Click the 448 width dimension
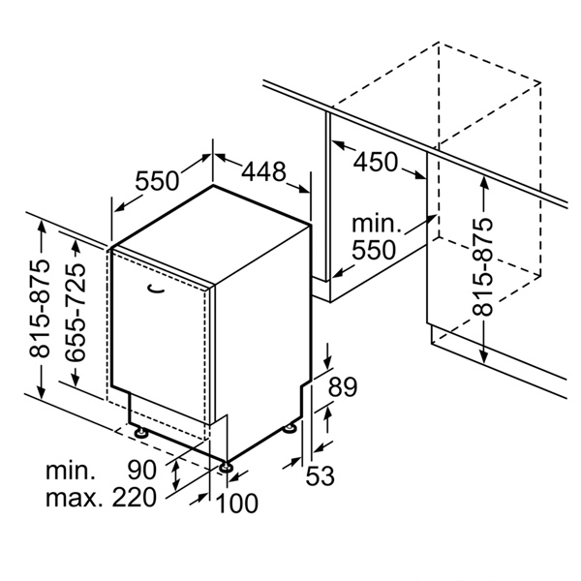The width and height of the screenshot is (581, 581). pyautogui.click(x=263, y=171)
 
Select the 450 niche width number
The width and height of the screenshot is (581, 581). pyautogui.click(x=376, y=162)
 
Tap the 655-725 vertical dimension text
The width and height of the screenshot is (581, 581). pyautogui.click(x=75, y=312)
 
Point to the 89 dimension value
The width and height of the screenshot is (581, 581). pyautogui.click(x=343, y=387)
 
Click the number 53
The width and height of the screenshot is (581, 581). pyautogui.click(x=320, y=475)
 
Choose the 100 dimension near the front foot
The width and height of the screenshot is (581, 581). pyautogui.click(x=236, y=503)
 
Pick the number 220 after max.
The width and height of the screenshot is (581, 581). pyautogui.click(x=135, y=497)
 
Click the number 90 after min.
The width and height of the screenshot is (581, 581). pyautogui.click(x=142, y=470)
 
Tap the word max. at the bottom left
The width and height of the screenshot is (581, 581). pyautogui.click(x=75, y=498)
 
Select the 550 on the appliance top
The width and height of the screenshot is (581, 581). pyautogui.click(x=157, y=181)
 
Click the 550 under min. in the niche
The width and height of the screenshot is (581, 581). pyautogui.click(x=374, y=250)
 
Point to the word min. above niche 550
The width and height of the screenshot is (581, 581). pyautogui.click(x=376, y=224)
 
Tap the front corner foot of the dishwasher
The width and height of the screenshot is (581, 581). pyautogui.click(x=225, y=467)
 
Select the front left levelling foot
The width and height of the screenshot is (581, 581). pyautogui.click(x=140, y=432)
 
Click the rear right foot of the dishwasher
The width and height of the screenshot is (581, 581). pyautogui.click(x=290, y=428)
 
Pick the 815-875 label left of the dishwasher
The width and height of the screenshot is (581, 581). pyautogui.click(x=39, y=308)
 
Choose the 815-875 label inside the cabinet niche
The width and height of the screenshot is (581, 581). pyautogui.click(x=482, y=267)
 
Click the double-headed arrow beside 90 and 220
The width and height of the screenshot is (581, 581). pyautogui.click(x=176, y=474)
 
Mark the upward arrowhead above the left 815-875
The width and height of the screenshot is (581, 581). pyautogui.click(x=42, y=226)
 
